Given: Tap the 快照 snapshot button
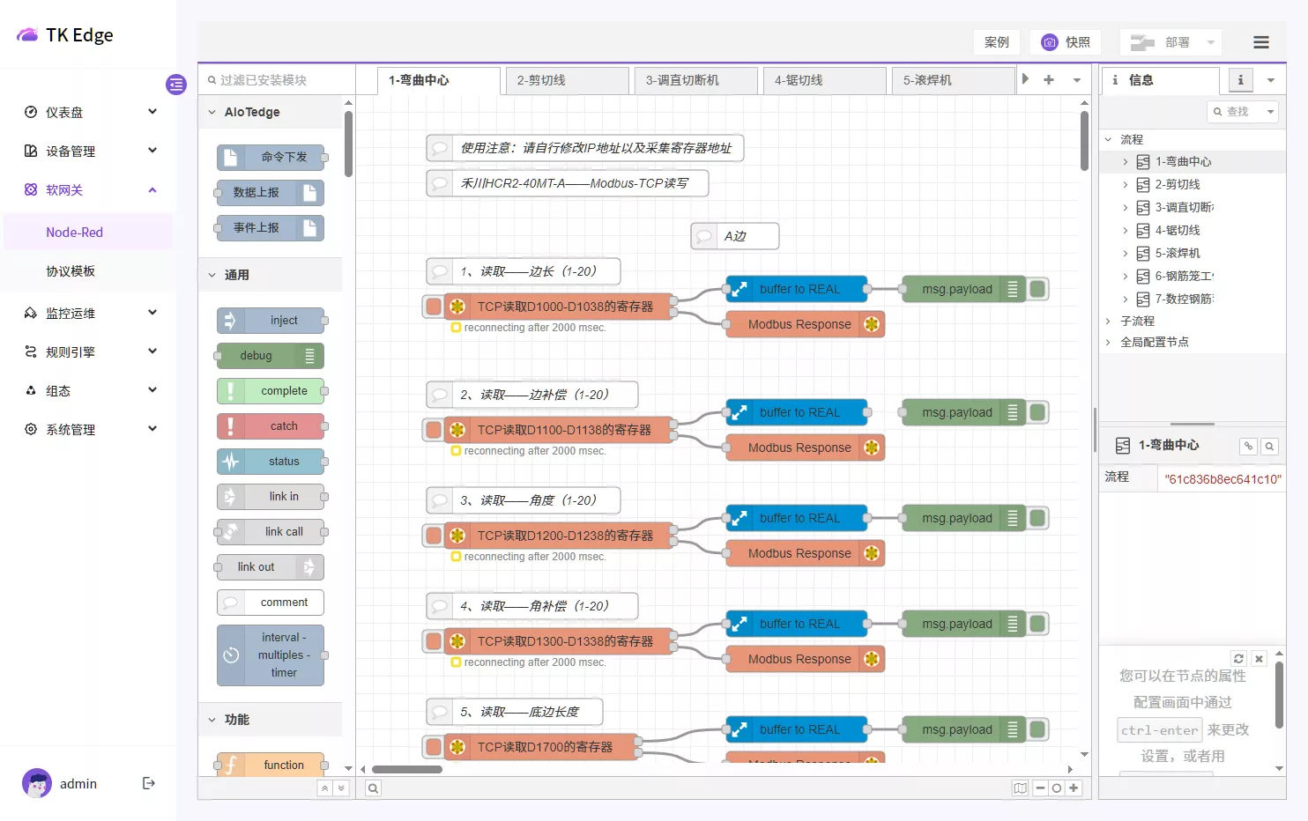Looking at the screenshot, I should (1066, 42).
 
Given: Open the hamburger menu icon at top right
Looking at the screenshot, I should (1261, 42).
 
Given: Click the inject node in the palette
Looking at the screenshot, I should (271, 321).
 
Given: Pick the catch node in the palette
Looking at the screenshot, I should (271, 426).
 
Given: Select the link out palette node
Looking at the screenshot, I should (270, 567).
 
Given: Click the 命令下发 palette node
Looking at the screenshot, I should (271, 158).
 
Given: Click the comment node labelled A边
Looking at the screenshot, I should (735, 236).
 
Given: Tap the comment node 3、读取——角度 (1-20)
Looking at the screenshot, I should (524, 500).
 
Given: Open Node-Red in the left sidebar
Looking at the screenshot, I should (75, 233).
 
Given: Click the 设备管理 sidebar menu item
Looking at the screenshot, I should (71, 152).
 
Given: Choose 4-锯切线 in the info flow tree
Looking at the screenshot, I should (1178, 231).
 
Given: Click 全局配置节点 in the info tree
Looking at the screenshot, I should (1155, 342).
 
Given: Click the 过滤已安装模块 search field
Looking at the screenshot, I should (275, 80).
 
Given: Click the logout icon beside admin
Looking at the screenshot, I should (149, 783).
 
